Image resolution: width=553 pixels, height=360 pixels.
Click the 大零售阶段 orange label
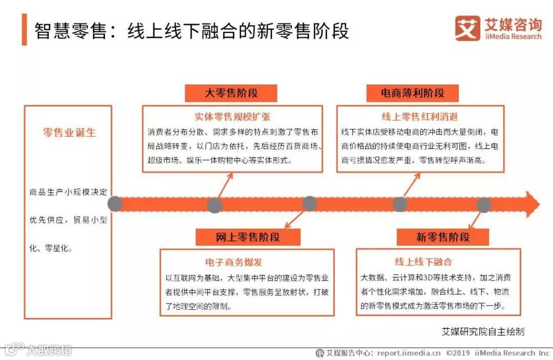(230, 93)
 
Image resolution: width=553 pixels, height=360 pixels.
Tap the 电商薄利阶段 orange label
(412, 93)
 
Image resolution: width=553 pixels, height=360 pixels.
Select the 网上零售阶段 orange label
(247, 237)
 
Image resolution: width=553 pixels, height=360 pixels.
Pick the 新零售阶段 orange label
(442, 237)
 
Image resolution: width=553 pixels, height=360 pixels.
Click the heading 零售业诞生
(69, 133)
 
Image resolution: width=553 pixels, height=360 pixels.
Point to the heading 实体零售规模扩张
(232, 116)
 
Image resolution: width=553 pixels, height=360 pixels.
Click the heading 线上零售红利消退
(420, 116)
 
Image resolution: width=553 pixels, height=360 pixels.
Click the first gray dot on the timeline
(115, 204)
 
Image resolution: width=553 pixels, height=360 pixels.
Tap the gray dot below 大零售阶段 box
(215, 205)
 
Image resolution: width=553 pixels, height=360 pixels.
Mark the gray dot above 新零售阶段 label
(483, 205)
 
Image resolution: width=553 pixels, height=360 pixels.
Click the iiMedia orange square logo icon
(467, 28)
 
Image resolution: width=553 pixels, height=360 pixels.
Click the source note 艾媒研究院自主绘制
(483, 331)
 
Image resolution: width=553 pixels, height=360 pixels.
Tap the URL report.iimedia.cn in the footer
(409, 353)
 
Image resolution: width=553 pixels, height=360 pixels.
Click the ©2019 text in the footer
(458, 353)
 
